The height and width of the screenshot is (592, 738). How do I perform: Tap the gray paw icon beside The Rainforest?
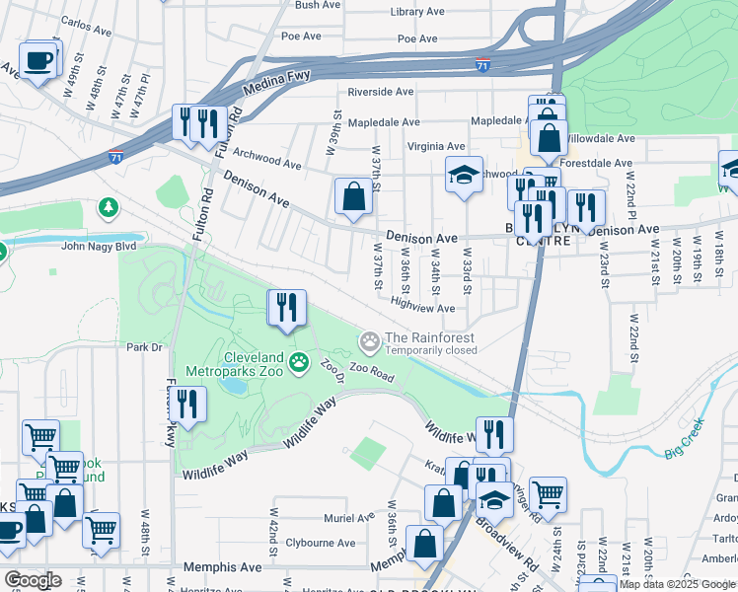coord(370,342)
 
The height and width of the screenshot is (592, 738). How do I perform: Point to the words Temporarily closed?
coord(430,350)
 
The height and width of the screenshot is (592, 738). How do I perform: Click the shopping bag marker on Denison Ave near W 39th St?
coord(353,197)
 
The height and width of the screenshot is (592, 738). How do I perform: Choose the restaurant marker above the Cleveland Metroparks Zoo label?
coord(287,308)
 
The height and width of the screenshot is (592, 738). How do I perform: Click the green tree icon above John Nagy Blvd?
coord(108,208)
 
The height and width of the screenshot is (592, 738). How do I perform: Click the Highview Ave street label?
coord(422,308)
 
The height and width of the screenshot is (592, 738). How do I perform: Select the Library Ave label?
coord(416,12)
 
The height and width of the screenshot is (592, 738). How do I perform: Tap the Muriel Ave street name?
coord(350,517)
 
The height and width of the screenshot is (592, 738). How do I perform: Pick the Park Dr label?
coord(143,346)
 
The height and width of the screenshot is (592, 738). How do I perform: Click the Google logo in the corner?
coord(33,579)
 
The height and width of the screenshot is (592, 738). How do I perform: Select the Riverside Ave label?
coord(379,92)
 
